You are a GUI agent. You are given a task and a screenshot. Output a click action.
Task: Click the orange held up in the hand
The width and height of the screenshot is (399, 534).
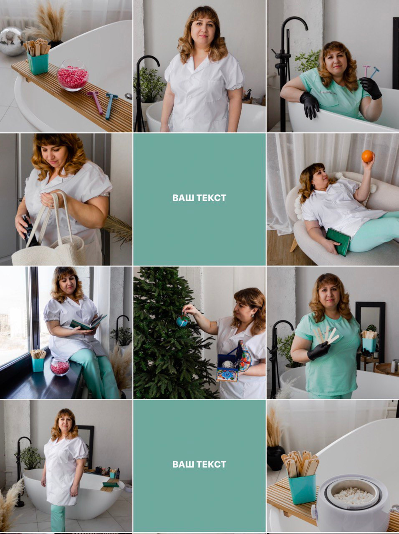tap(367, 156)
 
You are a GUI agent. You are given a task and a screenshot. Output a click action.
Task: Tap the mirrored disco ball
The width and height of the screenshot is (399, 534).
tap(12, 41)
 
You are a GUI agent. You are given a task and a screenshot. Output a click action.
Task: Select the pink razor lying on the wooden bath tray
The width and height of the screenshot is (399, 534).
tap(95, 102)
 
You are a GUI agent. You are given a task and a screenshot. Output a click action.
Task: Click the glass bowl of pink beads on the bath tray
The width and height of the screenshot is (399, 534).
tap(73, 75)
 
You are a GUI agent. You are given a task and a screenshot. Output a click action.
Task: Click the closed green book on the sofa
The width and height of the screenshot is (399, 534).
tap(338, 242)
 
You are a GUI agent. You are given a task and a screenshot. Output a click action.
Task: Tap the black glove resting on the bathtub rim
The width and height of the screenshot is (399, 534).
tap(309, 105)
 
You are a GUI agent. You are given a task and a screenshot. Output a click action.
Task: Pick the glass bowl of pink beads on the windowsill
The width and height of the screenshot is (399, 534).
tap(60, 366)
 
